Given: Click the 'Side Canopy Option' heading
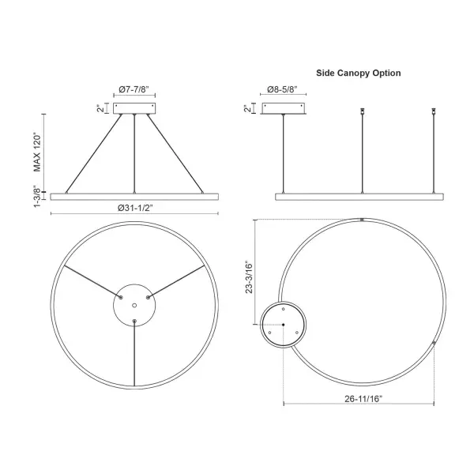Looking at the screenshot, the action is [358, 73].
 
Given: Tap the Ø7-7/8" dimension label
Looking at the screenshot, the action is [134, 89].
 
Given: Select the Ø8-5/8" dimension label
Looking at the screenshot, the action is [282, 89].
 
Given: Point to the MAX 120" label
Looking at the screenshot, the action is [37, 152].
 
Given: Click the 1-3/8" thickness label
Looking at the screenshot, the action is [37, 197].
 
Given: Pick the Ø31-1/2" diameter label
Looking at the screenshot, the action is [135, 208].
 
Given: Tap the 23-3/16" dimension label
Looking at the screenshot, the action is [249, 277].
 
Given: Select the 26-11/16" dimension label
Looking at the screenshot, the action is [363, 399].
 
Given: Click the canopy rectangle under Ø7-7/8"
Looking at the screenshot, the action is [134, 108].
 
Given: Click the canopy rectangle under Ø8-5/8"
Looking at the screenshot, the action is [284, 108].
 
